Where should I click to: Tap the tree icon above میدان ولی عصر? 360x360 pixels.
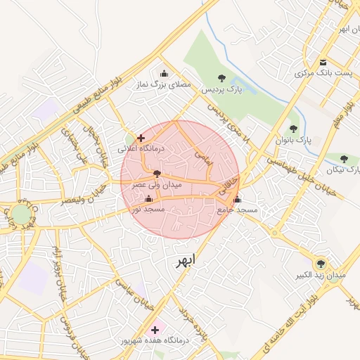tap(157, 172)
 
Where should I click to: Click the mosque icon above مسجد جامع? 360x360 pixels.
tap(237, 199)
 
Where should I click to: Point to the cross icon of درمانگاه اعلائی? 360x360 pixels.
tap(141, 138)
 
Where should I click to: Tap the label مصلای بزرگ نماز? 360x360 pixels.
tap(164, 84)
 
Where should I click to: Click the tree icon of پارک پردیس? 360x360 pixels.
tap(222, 78)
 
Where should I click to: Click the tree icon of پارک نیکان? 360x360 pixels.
tap(344, 159)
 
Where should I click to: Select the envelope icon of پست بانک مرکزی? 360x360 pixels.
tap(323, 62)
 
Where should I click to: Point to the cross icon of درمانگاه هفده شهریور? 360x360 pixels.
tap(155, 329)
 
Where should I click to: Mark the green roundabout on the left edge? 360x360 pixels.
tap(21, 214)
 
